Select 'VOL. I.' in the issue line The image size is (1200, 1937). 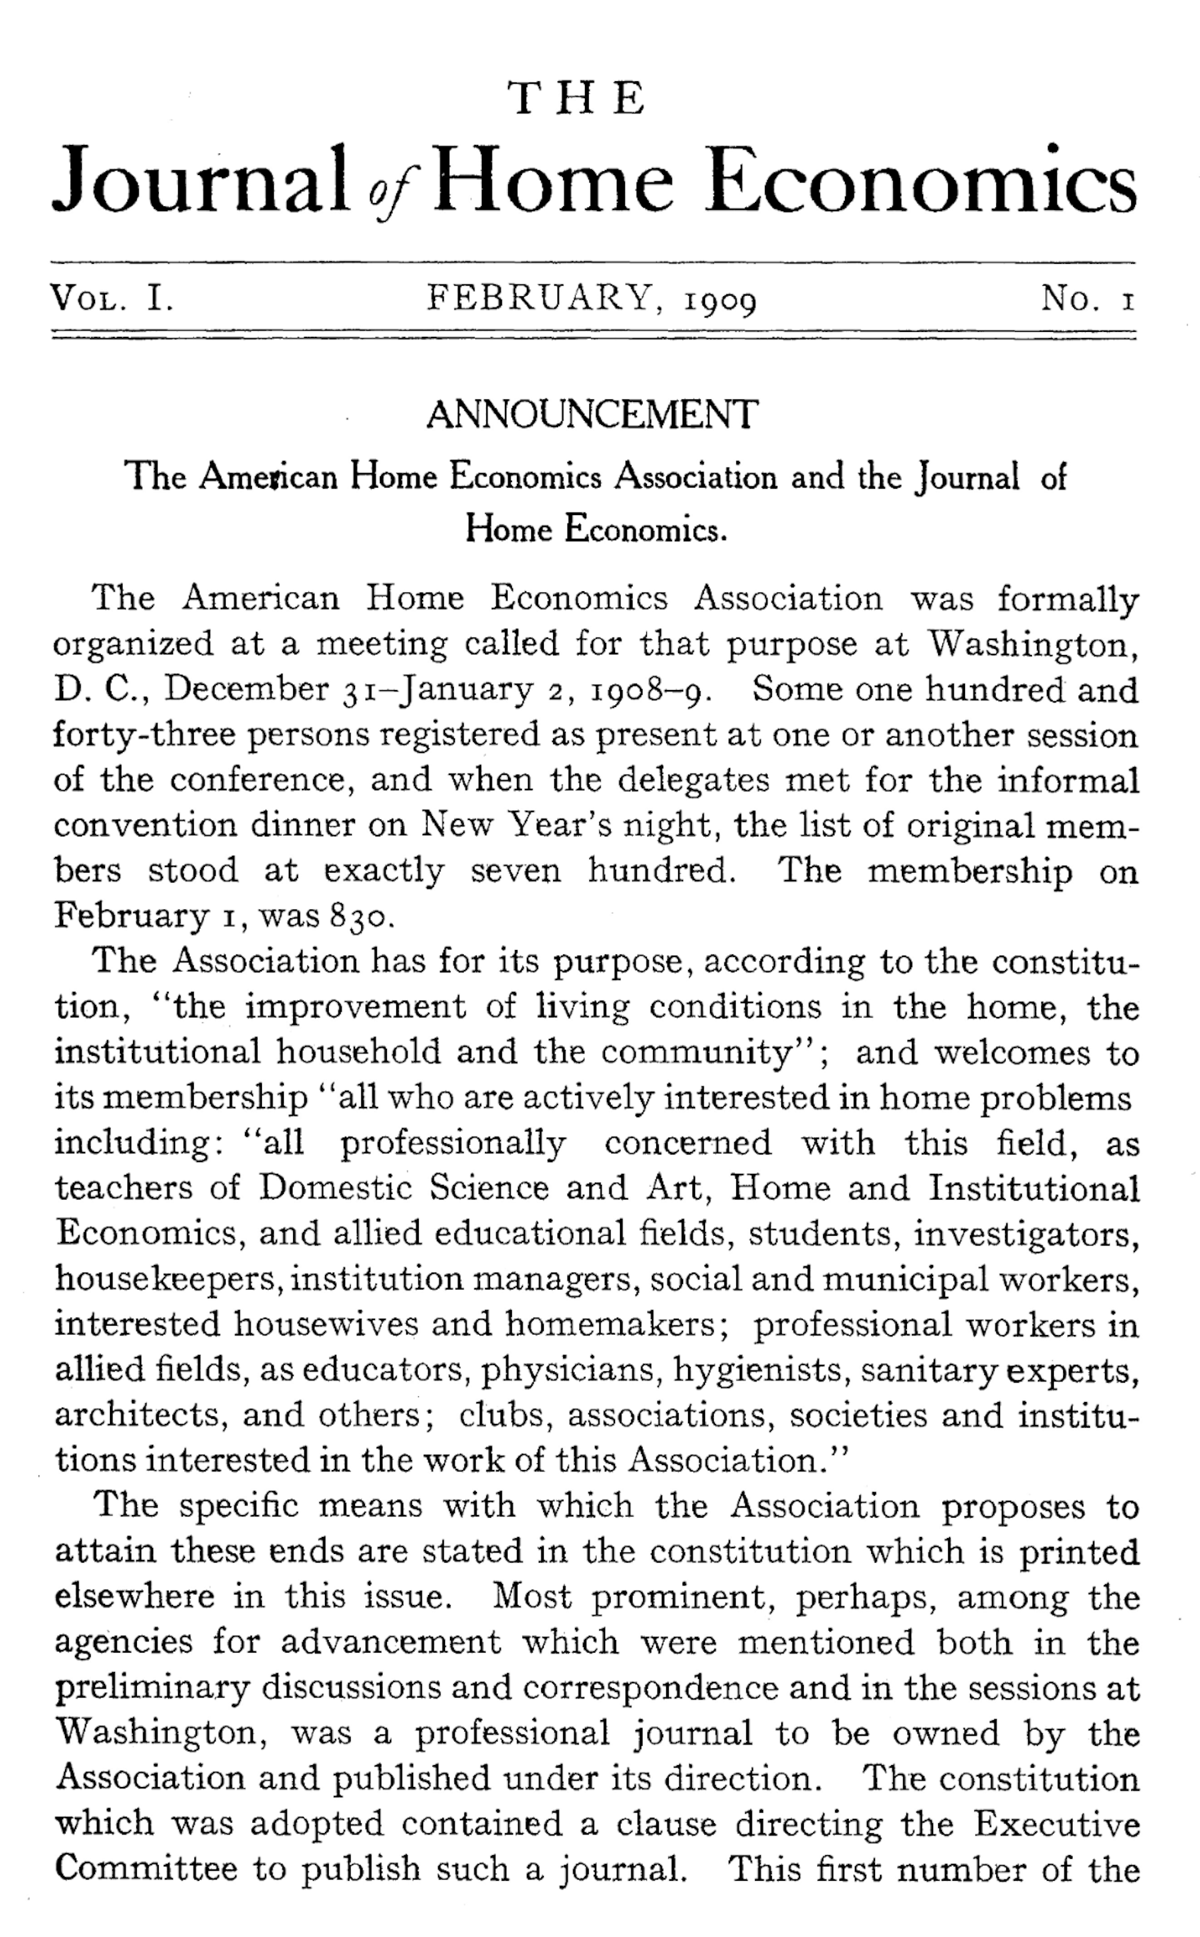point(112,299)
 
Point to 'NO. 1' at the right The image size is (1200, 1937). point(1088,299)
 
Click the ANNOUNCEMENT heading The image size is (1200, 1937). point(592,415)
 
